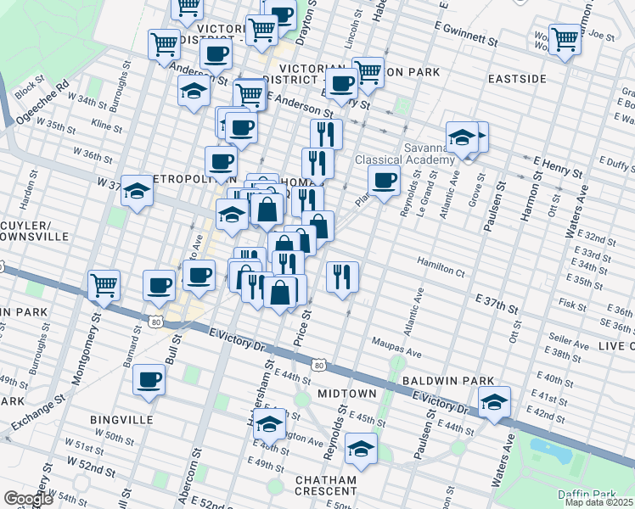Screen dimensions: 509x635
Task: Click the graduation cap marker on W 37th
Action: [x=135, y=193]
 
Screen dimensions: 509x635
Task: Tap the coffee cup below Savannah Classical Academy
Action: [x=384, y=181]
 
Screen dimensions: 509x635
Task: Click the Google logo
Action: [x=28, y=499]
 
